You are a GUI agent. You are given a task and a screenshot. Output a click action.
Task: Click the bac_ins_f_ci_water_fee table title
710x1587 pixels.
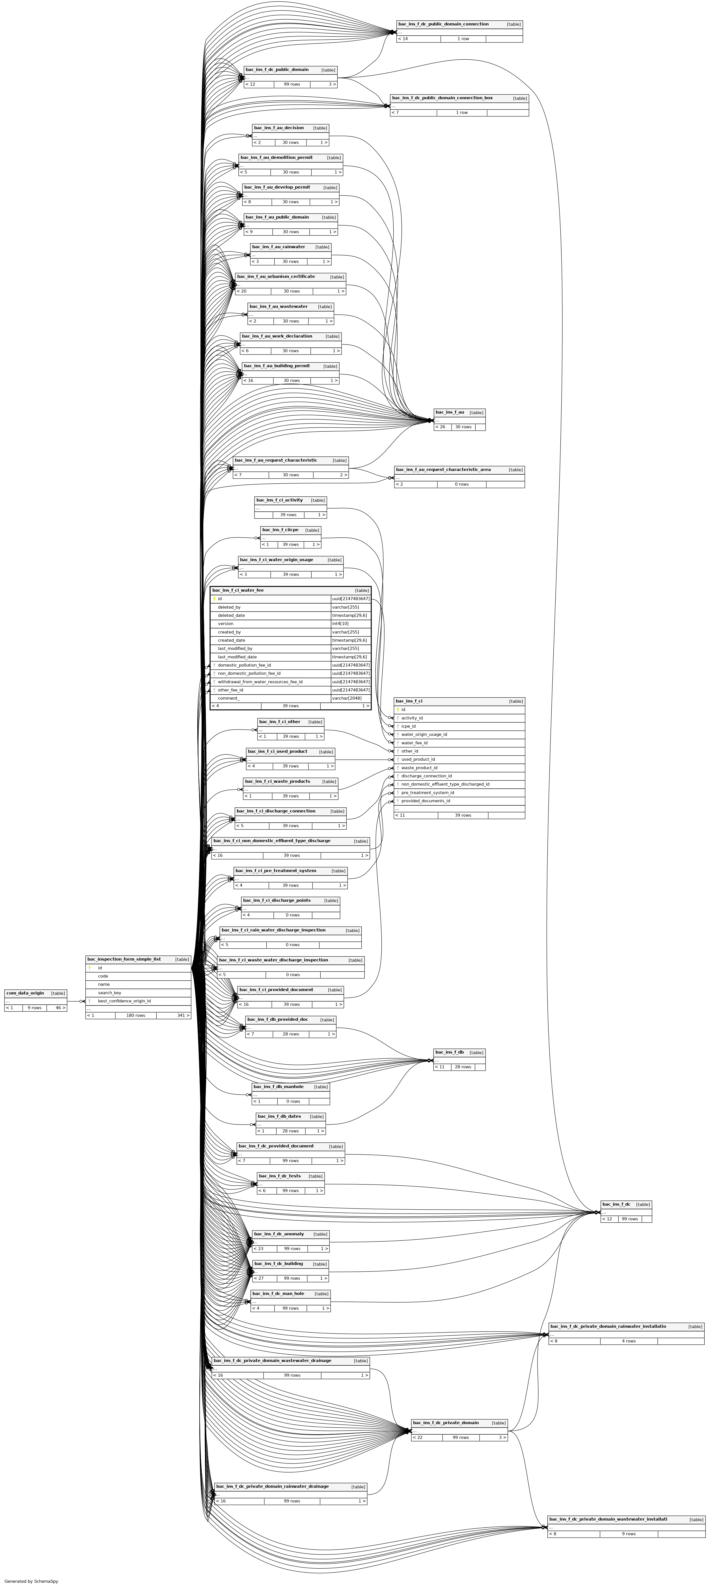tap(238, 590)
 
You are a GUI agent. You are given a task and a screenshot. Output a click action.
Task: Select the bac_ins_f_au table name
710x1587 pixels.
tap(449, 412)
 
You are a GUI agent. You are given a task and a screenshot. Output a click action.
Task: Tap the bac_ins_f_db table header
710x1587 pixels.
tap(449, 1052)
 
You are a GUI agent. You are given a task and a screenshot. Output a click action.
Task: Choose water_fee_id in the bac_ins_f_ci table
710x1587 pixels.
tap(414, 743)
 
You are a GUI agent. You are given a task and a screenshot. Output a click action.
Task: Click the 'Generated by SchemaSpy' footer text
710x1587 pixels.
tap(31, 1581)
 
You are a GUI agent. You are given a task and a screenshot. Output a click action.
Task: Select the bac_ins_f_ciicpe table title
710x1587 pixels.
tap(280, 530)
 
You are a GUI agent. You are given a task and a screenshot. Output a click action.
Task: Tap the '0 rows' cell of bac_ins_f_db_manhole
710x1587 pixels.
tap(293, 1101)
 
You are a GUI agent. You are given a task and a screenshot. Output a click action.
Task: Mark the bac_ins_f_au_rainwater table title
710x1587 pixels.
tap(278, 247)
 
